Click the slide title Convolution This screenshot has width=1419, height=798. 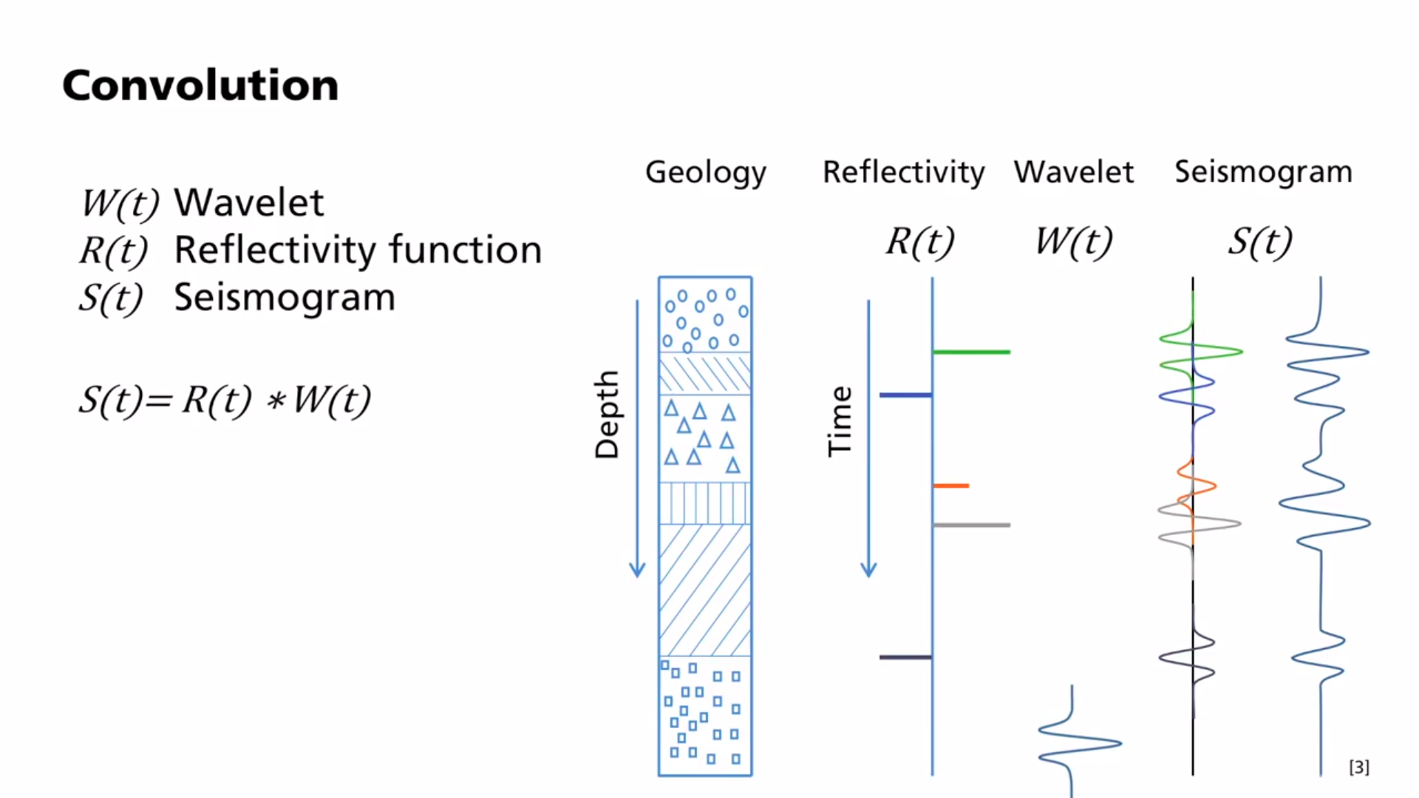(200, 86)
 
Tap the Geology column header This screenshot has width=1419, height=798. (706, 172)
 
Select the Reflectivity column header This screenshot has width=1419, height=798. (903, 172)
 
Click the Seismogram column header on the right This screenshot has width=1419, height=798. (1263, 172)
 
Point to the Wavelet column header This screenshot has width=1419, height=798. (1073, 172)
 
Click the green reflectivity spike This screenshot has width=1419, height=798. (971, 352)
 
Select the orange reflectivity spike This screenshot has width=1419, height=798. (951, 485)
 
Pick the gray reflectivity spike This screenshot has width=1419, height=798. (971, 525)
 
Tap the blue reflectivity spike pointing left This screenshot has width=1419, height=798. (905, 395)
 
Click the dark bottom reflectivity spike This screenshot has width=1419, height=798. (905, 657)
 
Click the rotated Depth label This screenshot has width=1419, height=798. (607, 415)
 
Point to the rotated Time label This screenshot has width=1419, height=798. (840, 422)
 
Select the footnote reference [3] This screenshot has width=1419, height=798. (1358, 767)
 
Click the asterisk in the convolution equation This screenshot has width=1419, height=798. (276, 402)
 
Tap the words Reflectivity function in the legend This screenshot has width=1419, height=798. (358, 250)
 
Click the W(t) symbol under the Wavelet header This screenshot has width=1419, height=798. (1073, 241)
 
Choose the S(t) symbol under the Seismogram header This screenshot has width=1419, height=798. (1260, 241)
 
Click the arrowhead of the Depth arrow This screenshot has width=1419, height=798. (637, 570)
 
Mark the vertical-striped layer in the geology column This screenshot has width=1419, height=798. (705, 503)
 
